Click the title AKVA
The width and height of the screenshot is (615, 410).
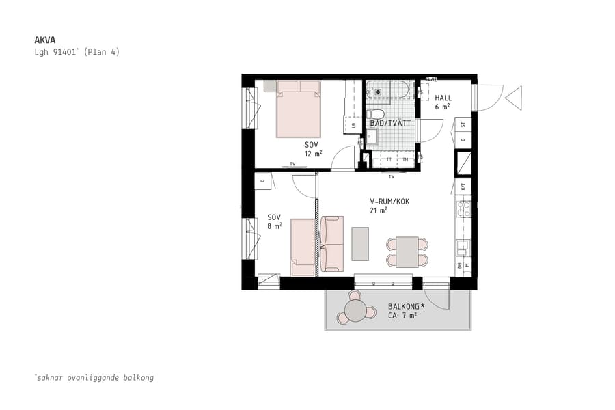(44, 40)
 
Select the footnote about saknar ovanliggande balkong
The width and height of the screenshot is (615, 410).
(94, 377)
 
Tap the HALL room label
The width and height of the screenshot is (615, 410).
(443, 98)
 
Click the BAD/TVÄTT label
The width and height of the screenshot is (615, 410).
(390, 124)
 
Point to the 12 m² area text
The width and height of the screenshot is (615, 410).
(313, 154)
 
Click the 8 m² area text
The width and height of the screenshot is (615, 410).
(274, 225)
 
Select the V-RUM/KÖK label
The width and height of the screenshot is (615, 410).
(389, 202)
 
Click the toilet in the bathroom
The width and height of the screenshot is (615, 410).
(376, 114)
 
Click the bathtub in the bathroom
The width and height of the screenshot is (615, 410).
(387, 90)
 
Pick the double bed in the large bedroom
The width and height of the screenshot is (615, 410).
(299, 109)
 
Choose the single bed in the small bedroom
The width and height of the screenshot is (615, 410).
(303, 247)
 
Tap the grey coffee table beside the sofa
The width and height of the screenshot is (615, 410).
(360, 244)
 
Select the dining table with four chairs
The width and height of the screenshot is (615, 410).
(407, 251)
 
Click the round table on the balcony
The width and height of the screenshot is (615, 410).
(356, 311)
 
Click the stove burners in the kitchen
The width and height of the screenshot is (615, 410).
(463, 208)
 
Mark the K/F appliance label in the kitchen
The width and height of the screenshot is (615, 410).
(463, 186)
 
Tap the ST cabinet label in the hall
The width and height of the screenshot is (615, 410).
(463, 125)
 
